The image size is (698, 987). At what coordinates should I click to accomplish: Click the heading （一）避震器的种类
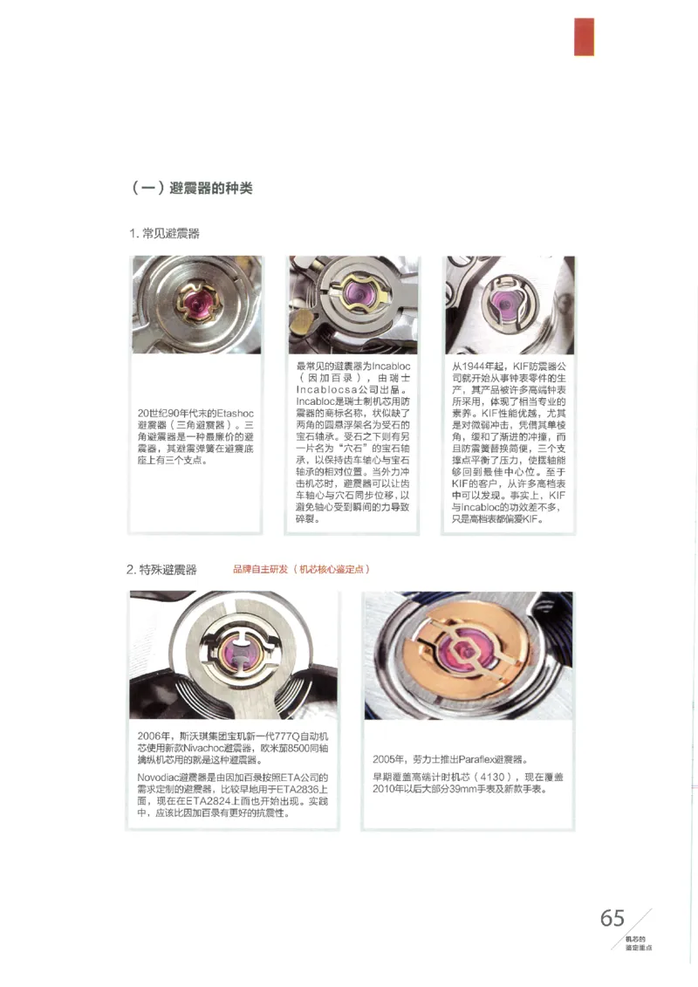click(191, 188)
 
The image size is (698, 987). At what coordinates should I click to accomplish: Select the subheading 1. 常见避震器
click(165, 233)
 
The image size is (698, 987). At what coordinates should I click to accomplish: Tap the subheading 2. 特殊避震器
click(161, 570)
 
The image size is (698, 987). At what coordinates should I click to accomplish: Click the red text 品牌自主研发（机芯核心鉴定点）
click(302, 569)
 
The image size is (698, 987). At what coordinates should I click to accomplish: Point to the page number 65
click(612, 918)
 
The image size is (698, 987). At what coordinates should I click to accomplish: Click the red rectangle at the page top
click(584, 37)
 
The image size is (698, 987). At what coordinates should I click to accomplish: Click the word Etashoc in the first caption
click(236, 412)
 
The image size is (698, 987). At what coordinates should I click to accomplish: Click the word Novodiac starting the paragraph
click(157, 777)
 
